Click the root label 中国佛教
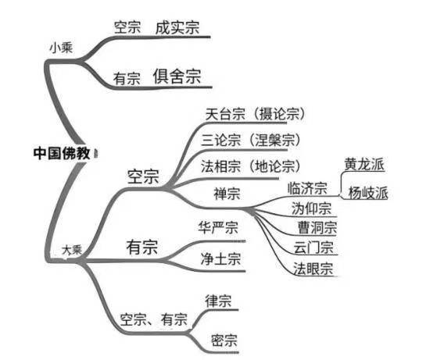62,153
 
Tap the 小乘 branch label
61,48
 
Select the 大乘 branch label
72,250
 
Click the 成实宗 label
177,27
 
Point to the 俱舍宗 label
177,77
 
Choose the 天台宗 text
225,114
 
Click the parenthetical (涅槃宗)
274,141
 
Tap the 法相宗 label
221,166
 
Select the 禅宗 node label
227,194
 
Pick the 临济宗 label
307,188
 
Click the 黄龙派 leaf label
364,164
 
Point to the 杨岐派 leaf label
368,193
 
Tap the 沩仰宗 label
312,209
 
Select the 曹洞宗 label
317,227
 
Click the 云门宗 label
313,248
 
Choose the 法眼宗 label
313,269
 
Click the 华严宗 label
218,227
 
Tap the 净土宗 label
221,258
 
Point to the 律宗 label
218,301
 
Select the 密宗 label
224,340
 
